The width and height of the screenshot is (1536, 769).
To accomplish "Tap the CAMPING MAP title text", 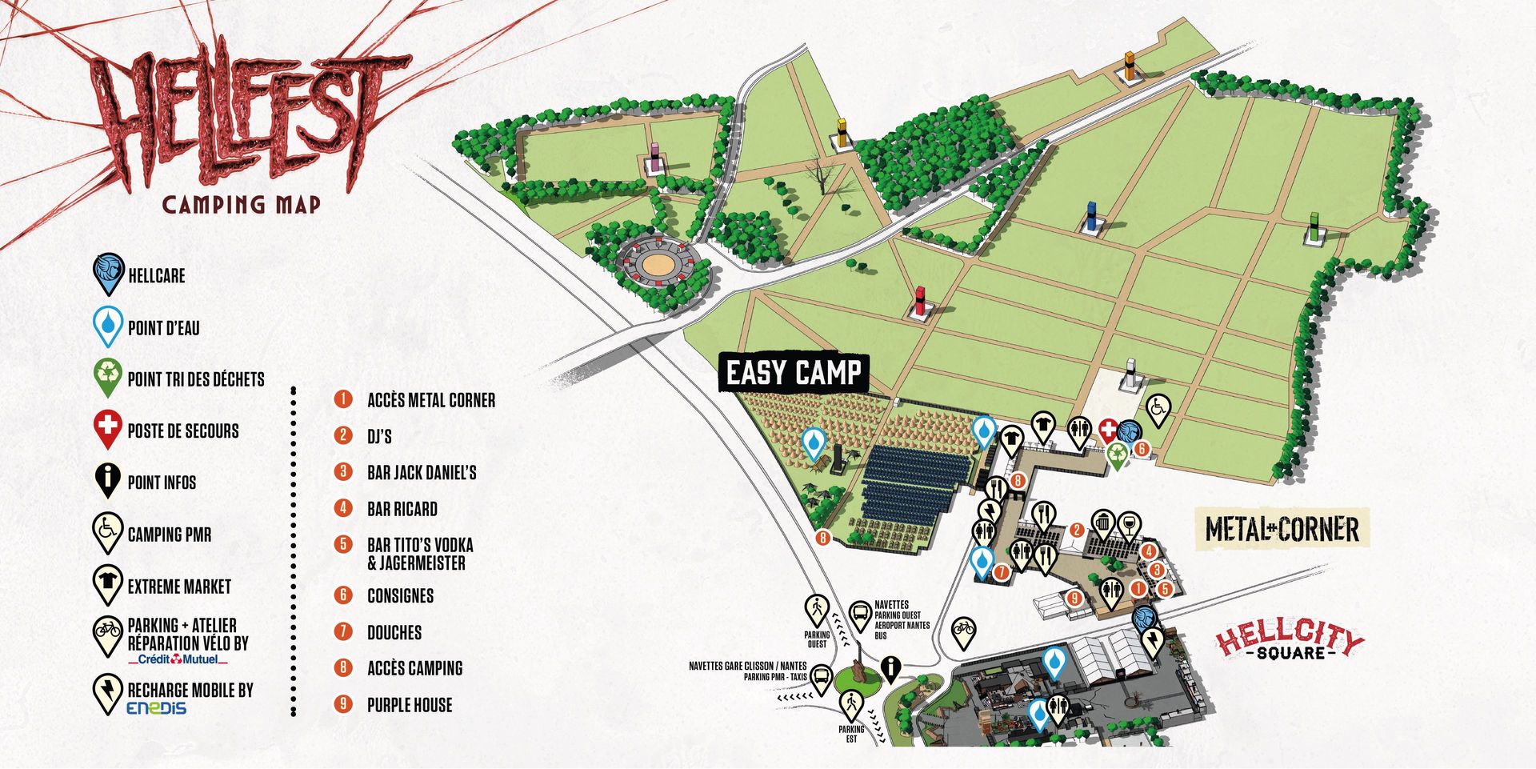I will (241, 205).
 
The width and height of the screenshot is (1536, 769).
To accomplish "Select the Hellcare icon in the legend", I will (108, 274).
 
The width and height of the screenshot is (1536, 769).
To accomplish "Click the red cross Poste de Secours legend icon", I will (108, 429).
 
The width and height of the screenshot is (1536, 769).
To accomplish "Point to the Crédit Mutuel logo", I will (178, 659).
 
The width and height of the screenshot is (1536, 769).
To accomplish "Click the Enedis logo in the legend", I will (156, 708).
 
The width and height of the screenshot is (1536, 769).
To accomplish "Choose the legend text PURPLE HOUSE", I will (409, 705).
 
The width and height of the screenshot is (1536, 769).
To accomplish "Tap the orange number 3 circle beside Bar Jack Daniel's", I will (343, 471).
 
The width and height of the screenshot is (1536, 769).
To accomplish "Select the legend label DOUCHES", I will (394, 632).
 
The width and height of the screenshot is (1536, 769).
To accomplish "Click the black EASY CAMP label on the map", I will (793, 373).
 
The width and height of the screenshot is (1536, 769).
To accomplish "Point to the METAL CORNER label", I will (1282, 529).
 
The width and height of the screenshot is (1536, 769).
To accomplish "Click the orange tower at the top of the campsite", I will (1130, 66).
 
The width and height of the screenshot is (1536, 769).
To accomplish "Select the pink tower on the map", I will (655, 157).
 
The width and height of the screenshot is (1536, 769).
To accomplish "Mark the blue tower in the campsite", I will (1091, 217).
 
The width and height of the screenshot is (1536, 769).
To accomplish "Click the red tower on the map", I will (920, 301).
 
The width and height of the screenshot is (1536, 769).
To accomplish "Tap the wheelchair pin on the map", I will (1158, 410).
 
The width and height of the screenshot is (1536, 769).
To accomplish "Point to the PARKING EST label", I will (851, 733).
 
